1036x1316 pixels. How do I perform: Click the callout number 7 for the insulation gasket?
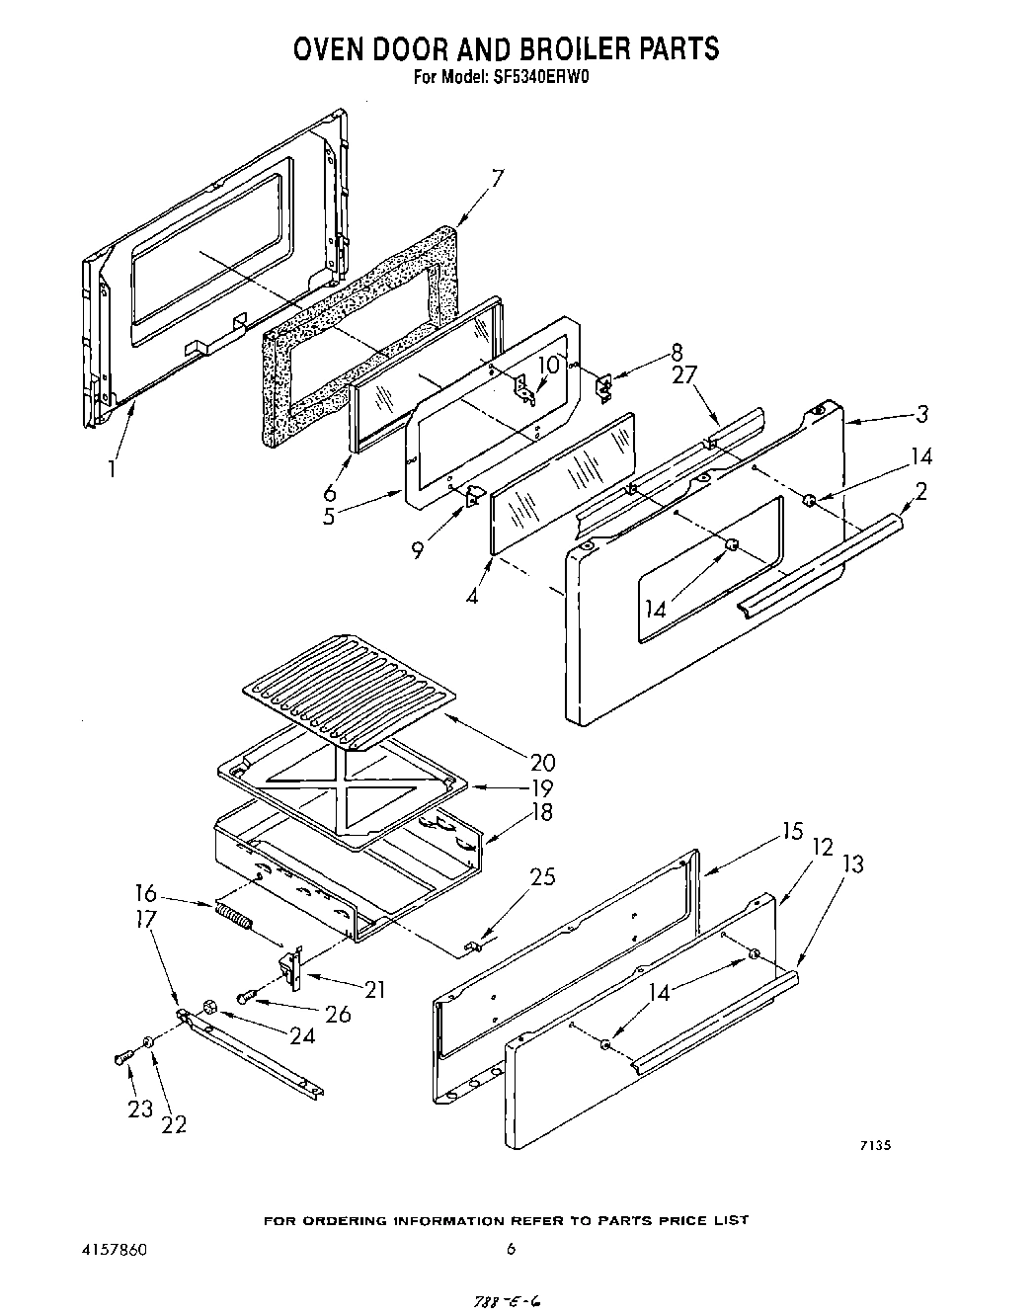(x=498, y=179)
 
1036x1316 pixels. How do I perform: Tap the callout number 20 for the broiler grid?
(x=542, y=762)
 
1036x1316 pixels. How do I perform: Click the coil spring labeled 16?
(x=233, y=919)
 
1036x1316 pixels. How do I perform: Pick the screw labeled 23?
(x=122, y=1058)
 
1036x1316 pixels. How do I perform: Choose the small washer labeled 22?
(x=147, y=1041)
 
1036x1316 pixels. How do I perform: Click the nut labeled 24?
(x=209, y=1007)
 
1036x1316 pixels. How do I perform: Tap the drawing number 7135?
(x=875, y=1146)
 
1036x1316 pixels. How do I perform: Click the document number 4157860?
(x=115, y=1250)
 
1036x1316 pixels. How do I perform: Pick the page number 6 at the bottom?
(x=511, y=1250)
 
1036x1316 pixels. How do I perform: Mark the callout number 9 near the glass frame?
(x=419, y=550)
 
